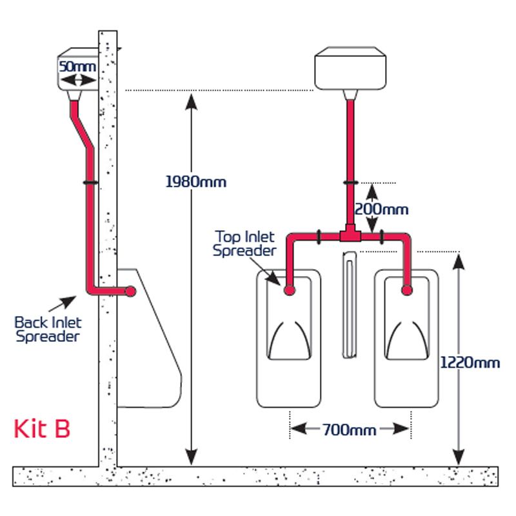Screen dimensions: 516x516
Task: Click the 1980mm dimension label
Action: tap(195, 181)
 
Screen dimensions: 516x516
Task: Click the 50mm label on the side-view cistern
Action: tap(77, 66)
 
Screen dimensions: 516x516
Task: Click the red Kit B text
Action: tap(42, 428)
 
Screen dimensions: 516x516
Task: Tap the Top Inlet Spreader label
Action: tap(245, 243)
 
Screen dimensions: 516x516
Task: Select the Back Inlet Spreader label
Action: tap(48, 328)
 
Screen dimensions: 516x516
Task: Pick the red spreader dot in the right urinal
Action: tap(407, 290)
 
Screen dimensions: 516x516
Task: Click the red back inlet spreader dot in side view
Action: tap(131, 291)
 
